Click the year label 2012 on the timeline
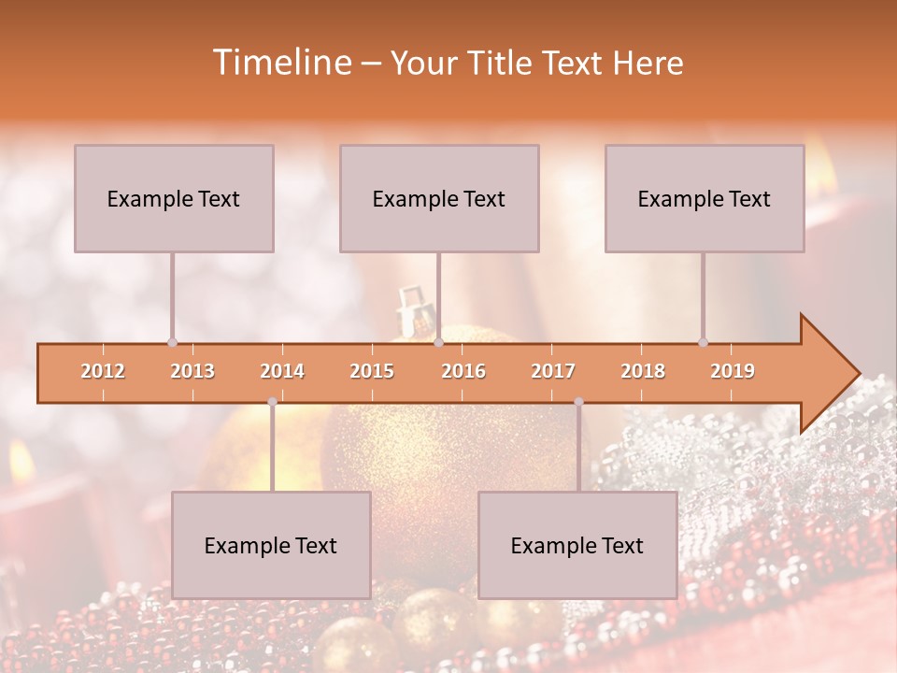(103, 371)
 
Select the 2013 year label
(192, 371)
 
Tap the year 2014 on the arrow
(282, 371)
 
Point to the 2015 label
(372, 371)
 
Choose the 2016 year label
(463, 371)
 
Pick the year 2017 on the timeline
(553, 371)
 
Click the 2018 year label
(643, 371)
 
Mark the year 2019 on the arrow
(733, 371)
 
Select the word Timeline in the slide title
(280, 63)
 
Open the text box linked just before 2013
(174, 198)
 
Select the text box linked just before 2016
(439, 198)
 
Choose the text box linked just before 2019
(705, 198)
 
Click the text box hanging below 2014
(271, 545)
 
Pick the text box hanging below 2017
(577, 545)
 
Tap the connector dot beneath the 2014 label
(272, 402)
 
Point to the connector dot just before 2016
(438, 342)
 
